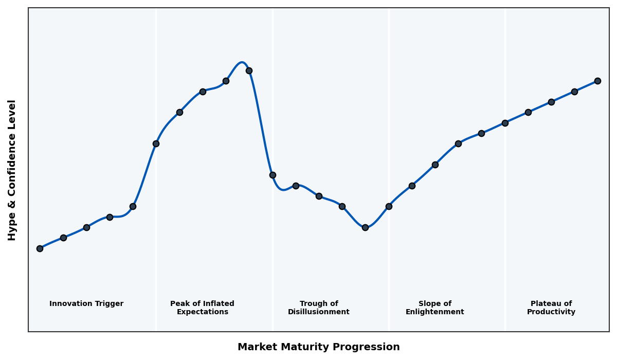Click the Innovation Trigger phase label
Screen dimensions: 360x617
(x=86, y=304)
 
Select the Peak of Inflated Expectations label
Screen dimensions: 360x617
(x=202, y=308)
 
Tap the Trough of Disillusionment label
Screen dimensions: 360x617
(x=319, y=308)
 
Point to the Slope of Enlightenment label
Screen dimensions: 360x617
(x=434, y=308)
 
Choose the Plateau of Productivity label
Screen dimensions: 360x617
(x=551, y=308)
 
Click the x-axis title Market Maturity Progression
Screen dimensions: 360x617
(x=318, y=347)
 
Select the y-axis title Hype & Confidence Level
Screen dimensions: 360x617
(x=12, y=170)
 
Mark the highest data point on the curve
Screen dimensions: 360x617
(x=249, y=70)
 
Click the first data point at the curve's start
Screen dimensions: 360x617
(x=40, y=248)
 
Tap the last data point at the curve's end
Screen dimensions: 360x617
(x=597, y=81)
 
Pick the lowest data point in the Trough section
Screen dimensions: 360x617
(x=365, y=227)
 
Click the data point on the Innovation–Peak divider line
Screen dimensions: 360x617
(x=156, y=143)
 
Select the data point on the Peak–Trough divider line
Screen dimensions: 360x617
(x=273, y=175)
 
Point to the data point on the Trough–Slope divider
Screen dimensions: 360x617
(x=389, y=206)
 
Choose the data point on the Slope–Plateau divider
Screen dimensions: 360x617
(x=505, y=123)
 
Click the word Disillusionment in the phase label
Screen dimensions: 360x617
(x=319, y=312)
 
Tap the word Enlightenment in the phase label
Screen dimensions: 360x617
(x=434, y=312)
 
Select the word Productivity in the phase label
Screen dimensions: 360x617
(x=551, y=312)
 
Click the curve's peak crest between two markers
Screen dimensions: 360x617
(x=242, y=63)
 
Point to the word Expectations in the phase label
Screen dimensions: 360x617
(x=202, y=312)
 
